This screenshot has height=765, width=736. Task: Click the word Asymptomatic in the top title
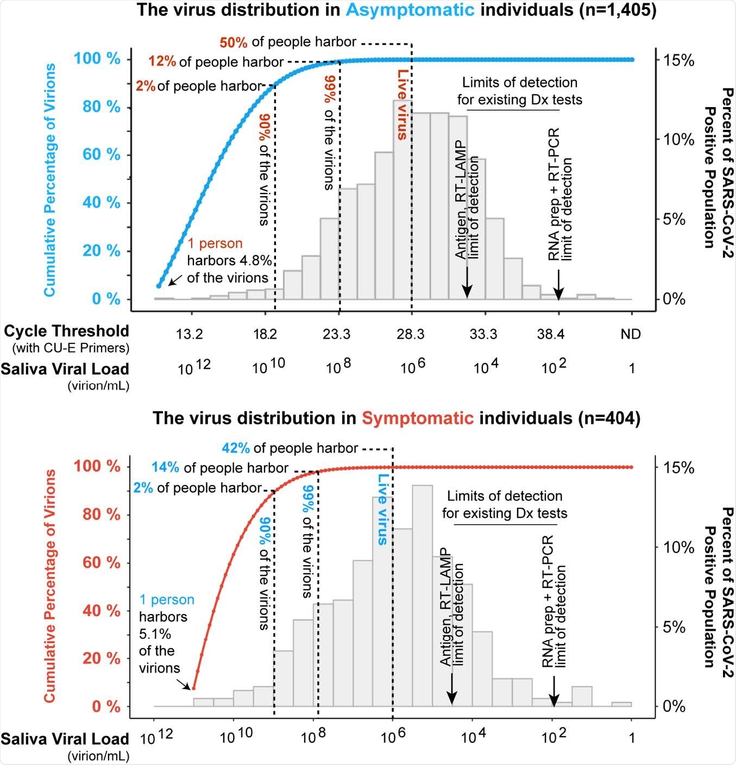(x=410, y=10)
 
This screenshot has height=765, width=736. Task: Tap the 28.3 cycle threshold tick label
(x=410, y=334)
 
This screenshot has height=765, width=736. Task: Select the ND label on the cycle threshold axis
(x=631, y=334)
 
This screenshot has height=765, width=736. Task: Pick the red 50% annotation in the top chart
(x=234, y=42)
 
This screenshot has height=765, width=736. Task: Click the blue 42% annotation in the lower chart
(x=236, y=448)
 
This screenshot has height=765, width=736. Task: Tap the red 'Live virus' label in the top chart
(x=402, y=104)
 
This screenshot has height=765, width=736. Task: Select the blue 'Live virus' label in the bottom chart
(x=383, y=509)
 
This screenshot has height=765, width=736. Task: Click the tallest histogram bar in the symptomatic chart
(x=422, y=595)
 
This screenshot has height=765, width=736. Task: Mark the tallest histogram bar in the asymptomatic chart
(x=402, y=199)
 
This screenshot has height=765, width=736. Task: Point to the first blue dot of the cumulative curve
(x=159, y=286)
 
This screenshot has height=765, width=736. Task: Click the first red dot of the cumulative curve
(x=193, y=688)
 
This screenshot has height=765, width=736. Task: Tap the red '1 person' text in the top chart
(x=215, y=243)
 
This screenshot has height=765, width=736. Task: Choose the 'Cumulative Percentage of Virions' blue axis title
(x=50, y=180)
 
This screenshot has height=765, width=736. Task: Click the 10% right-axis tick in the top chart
(x=678, y=140)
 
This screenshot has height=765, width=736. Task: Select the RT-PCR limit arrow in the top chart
(x=558, y=285)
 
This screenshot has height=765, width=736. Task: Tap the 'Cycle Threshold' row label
(x=66, y=331)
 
